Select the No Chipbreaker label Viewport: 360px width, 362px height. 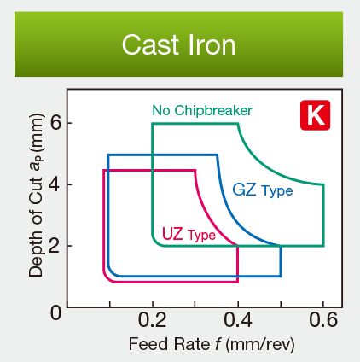[x=202, y=111]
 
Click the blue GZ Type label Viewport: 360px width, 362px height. [x=262, y=190]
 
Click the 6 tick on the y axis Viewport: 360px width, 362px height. [x=55, y=123]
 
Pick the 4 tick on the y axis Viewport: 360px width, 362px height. [x=55, y=185]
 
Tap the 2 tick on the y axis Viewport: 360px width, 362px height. [x=55, y=247]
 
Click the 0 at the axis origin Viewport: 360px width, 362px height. [x=55, y=312]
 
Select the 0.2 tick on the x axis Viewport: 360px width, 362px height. [x=152, y=321]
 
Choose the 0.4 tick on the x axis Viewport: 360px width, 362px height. [x=237, y=321]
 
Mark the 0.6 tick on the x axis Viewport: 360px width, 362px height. [x=322, y=321]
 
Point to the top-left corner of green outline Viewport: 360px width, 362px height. [x=153, y=124]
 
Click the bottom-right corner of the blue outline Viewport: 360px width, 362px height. [x=281, y=276]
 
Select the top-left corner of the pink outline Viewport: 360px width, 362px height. [x=104, y=171]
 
